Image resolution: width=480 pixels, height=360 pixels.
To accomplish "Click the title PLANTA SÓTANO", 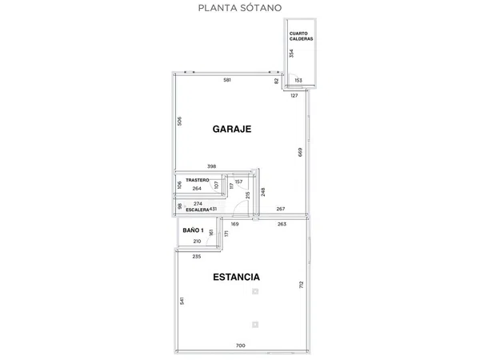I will (x=239, y=9).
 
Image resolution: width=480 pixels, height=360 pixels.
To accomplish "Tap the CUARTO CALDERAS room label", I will (x=301, y=36).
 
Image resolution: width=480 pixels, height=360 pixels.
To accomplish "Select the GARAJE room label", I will (x=232, y=128).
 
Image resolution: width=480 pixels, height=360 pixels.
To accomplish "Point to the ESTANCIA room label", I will (x=236, y=278).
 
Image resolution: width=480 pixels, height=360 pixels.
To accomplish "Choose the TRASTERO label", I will (x=198, y=181).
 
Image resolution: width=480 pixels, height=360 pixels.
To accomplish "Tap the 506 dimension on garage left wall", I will (x=181, y=122).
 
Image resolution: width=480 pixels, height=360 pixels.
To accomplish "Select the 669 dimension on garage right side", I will (x=300, y=153).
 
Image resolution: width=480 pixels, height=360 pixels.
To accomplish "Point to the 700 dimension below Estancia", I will (x=241, y=345).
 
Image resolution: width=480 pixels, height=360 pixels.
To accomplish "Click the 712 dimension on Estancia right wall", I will (x=300, y=286).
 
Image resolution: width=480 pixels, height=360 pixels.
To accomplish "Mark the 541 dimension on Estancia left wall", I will (x=182, y=302).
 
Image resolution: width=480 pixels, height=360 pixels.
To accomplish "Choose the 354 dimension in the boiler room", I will (x=292, y=54).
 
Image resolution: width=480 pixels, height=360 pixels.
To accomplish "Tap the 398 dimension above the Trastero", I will (x=212, y=166).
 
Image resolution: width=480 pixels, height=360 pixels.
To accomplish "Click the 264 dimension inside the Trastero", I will (x=196, y=189).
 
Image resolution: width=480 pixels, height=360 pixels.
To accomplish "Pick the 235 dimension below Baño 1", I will (x=197, y=256).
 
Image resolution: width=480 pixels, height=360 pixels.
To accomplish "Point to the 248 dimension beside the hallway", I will (x=262, y=192).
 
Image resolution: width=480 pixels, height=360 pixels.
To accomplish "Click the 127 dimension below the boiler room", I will (x=294, y=95).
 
